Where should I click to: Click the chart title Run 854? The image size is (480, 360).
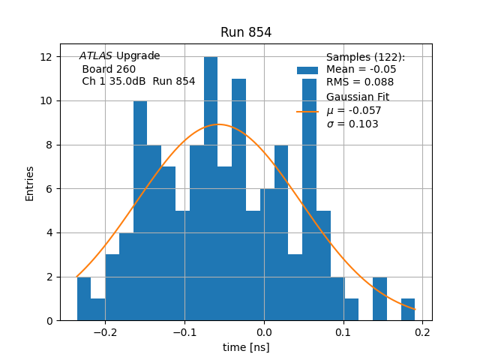(246, 32)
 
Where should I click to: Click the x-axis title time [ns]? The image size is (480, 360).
(246, 347)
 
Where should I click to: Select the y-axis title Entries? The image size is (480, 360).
(30, 183)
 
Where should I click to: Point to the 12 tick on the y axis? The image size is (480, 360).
(45, 57)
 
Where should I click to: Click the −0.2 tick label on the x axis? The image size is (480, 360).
(105, 332)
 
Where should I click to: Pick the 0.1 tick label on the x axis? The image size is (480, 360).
(342, 332)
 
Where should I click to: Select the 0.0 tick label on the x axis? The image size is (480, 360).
(264, 332)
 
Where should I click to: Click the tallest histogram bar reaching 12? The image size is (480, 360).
(211, 187)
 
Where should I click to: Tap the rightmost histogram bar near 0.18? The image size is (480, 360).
(408, 310)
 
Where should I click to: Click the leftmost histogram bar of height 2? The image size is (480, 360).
(84, 298)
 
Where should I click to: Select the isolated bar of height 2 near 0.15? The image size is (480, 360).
(379, 298)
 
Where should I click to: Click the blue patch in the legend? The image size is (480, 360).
(307, 70)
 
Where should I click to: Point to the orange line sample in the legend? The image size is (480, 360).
(307, 111)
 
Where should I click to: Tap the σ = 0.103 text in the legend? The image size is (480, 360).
(352, 124)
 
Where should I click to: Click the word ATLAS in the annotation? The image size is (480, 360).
(96, 56)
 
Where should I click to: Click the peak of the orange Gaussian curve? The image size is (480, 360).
(218, 124)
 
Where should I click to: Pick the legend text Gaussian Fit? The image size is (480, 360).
(358, 97)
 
